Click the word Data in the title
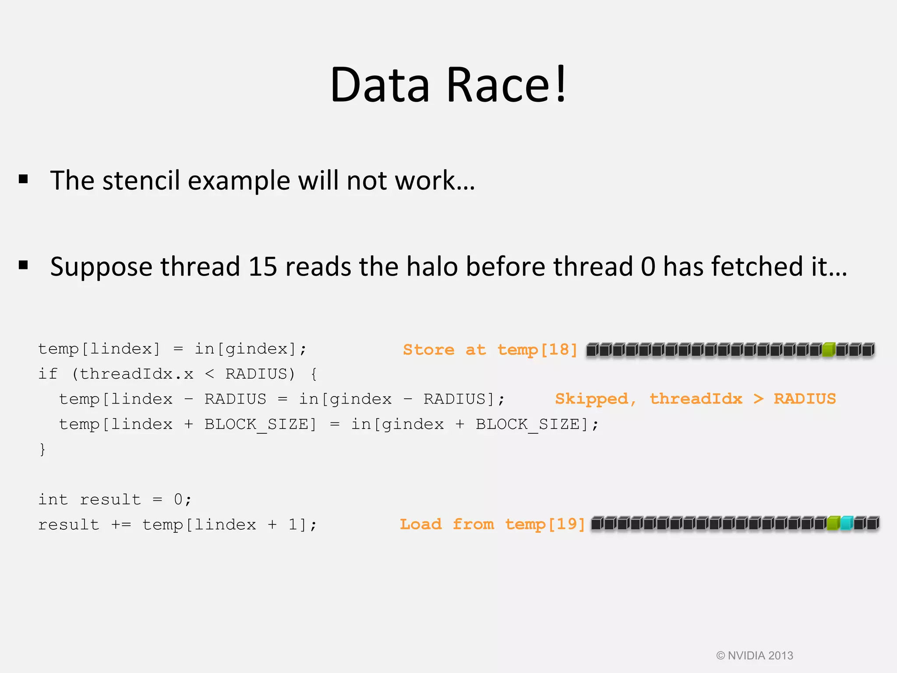click(380, 85)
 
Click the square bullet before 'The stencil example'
click(24, 179)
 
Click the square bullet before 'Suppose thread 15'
click(24, 265)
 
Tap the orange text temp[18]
click(537, 350)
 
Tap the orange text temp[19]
click(545, 524)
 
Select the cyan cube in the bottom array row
click(847, 523)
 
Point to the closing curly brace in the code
click(42, 449)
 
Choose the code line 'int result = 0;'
click(115, 499)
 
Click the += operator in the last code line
click(121, 524)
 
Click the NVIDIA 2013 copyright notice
click(755, 655)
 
